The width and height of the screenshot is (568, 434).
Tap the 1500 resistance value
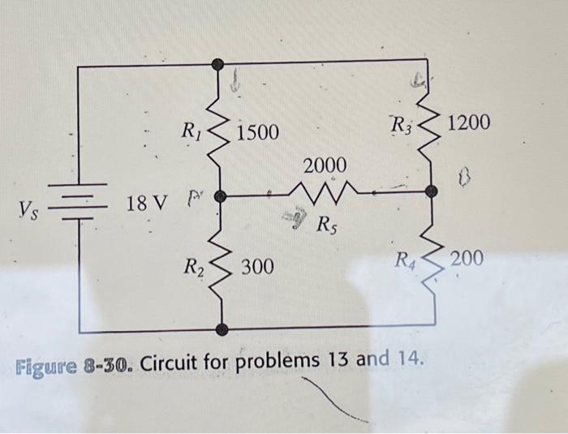(257, 131)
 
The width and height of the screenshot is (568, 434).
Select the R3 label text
(402, 126)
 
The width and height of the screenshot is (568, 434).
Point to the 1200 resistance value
(469, 122)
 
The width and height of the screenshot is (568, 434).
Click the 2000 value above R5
(325, 165)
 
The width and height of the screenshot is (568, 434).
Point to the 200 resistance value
(467, 259)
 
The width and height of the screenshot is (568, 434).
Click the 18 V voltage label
(146, 202)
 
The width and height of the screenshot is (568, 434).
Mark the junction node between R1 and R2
(217, 196)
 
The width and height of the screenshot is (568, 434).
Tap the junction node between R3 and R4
(432, 191)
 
